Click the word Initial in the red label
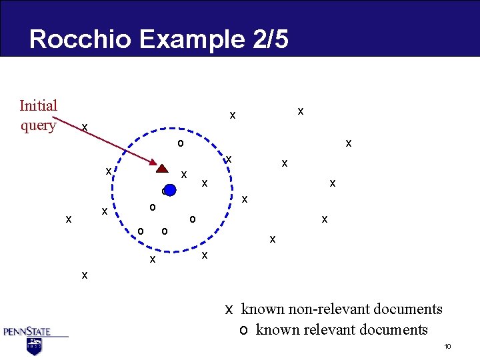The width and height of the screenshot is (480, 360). [x=39, y=105]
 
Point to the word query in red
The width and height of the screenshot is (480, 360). [x=39, y=125]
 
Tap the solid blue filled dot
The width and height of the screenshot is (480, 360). [x=170, y=190]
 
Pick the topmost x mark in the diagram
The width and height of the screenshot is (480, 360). [x=301, y=111]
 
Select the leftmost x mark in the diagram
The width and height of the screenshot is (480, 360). [x=68, y=219]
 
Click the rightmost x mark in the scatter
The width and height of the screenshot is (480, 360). [x=348, y=143]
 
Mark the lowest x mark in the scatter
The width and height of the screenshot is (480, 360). [x=84, y=274]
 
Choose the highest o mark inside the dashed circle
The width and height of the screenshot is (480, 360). [x=180, y=143]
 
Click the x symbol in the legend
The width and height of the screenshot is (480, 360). [x=229, y=309]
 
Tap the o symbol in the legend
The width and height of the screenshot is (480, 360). [x=244, y=330]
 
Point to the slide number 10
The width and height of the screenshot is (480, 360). [x=448, y=346]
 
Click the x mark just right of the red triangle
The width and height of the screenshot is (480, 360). [x=184, y=174]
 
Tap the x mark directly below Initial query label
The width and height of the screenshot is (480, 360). [x=84, y=127]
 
